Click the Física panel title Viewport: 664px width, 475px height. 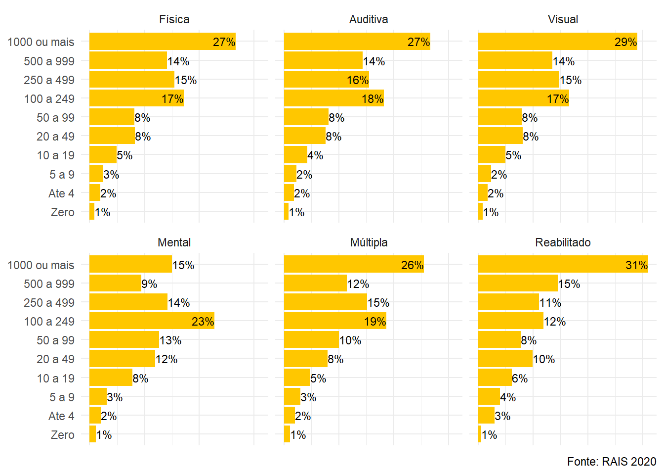click(174, 19)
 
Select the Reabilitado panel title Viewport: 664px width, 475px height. click(563, 242)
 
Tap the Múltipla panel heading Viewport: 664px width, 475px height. click(369, 242)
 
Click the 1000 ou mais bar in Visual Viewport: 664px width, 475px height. click(557, 42)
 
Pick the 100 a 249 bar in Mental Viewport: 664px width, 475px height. click(152, 321)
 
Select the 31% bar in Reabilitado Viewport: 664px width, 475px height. click(563, 265)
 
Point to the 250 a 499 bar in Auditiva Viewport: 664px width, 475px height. click(326, 80)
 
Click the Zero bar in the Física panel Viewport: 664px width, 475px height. click(92, 212)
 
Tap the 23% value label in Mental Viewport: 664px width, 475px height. click(203, 322)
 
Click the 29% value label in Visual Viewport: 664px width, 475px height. click(625, 42)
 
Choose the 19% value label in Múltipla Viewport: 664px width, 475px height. click(375, 322)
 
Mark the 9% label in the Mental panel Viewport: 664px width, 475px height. click(149, 284)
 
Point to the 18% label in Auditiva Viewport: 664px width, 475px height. click(373, 99)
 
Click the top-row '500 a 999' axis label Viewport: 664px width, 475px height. click(49, 61)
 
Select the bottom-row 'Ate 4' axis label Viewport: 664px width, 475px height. click(61, 416)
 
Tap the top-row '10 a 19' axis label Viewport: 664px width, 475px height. click(55, 155)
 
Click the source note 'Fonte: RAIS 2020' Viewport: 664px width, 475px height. click(612, 462)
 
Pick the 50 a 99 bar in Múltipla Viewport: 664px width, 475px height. click(311, 340)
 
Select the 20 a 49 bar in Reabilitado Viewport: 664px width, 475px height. click(505, 359)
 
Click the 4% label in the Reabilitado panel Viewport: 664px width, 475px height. click(508, 397)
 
